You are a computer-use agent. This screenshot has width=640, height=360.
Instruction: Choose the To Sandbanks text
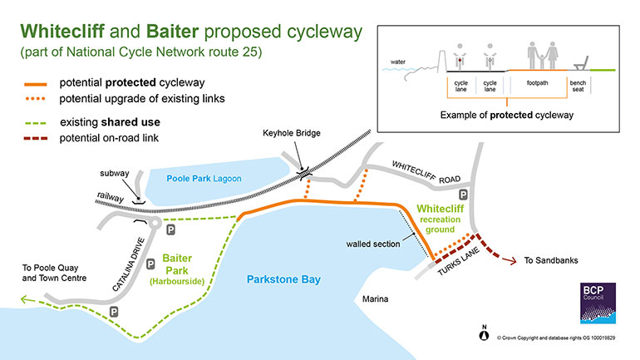click(552, 260)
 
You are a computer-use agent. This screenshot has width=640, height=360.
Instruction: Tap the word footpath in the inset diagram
click(537, 83)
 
